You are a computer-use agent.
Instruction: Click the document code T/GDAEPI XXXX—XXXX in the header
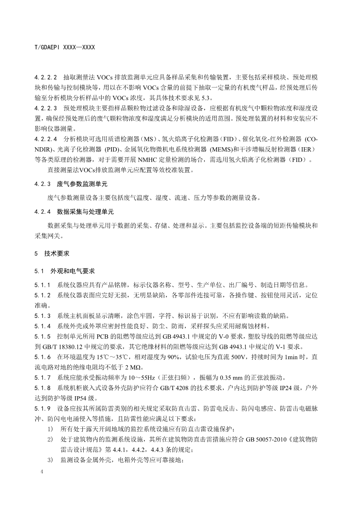65,46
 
